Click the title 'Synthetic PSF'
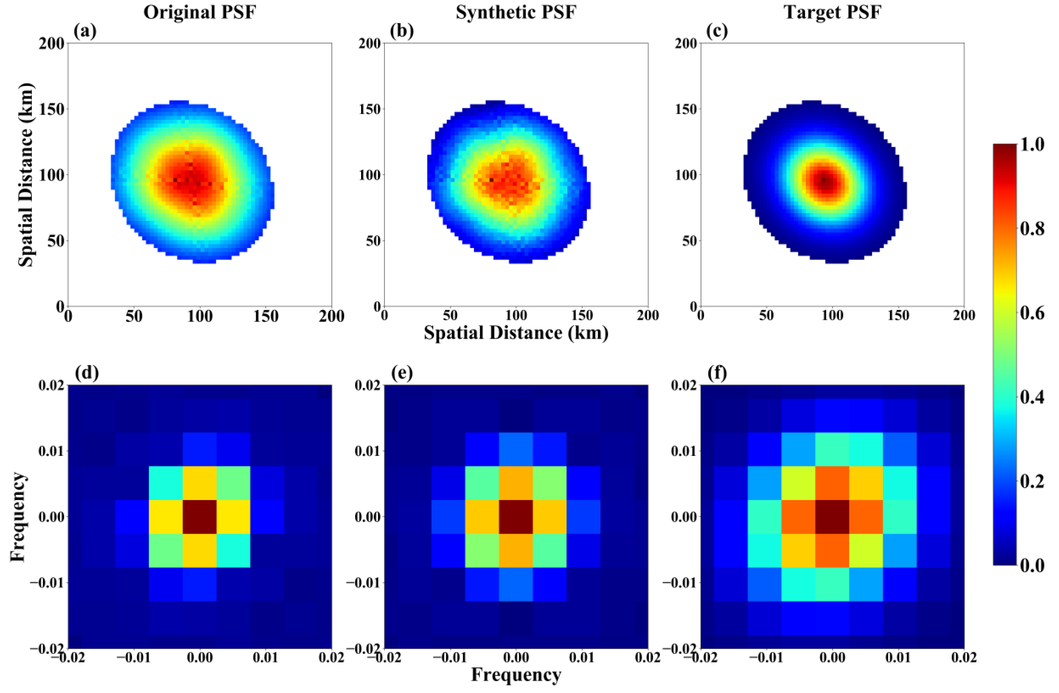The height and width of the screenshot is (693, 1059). point(516,12)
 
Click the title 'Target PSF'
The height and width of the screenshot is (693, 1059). point(832,12)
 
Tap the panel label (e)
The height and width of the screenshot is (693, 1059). point(402,373)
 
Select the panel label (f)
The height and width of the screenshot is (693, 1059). point(717,373)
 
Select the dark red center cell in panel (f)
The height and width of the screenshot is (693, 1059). point(832,516)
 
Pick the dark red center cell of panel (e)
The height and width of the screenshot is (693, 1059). point(516,516)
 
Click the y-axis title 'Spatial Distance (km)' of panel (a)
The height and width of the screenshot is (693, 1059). point(26,175)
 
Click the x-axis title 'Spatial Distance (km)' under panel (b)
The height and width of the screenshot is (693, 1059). point(516,333)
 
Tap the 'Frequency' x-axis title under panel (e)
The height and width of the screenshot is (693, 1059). point(516,674)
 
